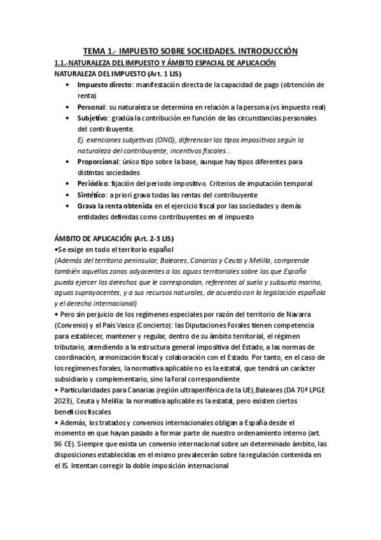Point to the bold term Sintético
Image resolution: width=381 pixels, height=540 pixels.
[x=92, y=194]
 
